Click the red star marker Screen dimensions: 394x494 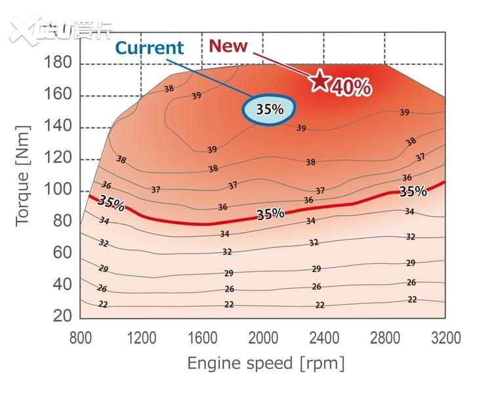319,81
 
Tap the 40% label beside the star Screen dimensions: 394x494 352,87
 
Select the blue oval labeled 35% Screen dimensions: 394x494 270,109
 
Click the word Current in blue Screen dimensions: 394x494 150,48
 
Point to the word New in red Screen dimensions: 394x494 228,46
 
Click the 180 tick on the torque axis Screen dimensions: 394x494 58,64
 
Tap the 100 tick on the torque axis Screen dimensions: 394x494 58,190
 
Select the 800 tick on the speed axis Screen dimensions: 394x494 81,338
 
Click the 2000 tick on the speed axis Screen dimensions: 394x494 263,338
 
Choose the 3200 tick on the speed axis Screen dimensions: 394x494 446,338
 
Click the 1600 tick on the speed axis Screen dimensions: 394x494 202,338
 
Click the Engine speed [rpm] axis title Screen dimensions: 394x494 266,363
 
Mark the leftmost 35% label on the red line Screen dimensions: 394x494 111,203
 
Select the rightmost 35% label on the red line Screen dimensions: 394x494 413,192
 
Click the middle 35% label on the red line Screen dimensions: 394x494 270,214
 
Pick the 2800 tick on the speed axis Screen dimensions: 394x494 385,338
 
